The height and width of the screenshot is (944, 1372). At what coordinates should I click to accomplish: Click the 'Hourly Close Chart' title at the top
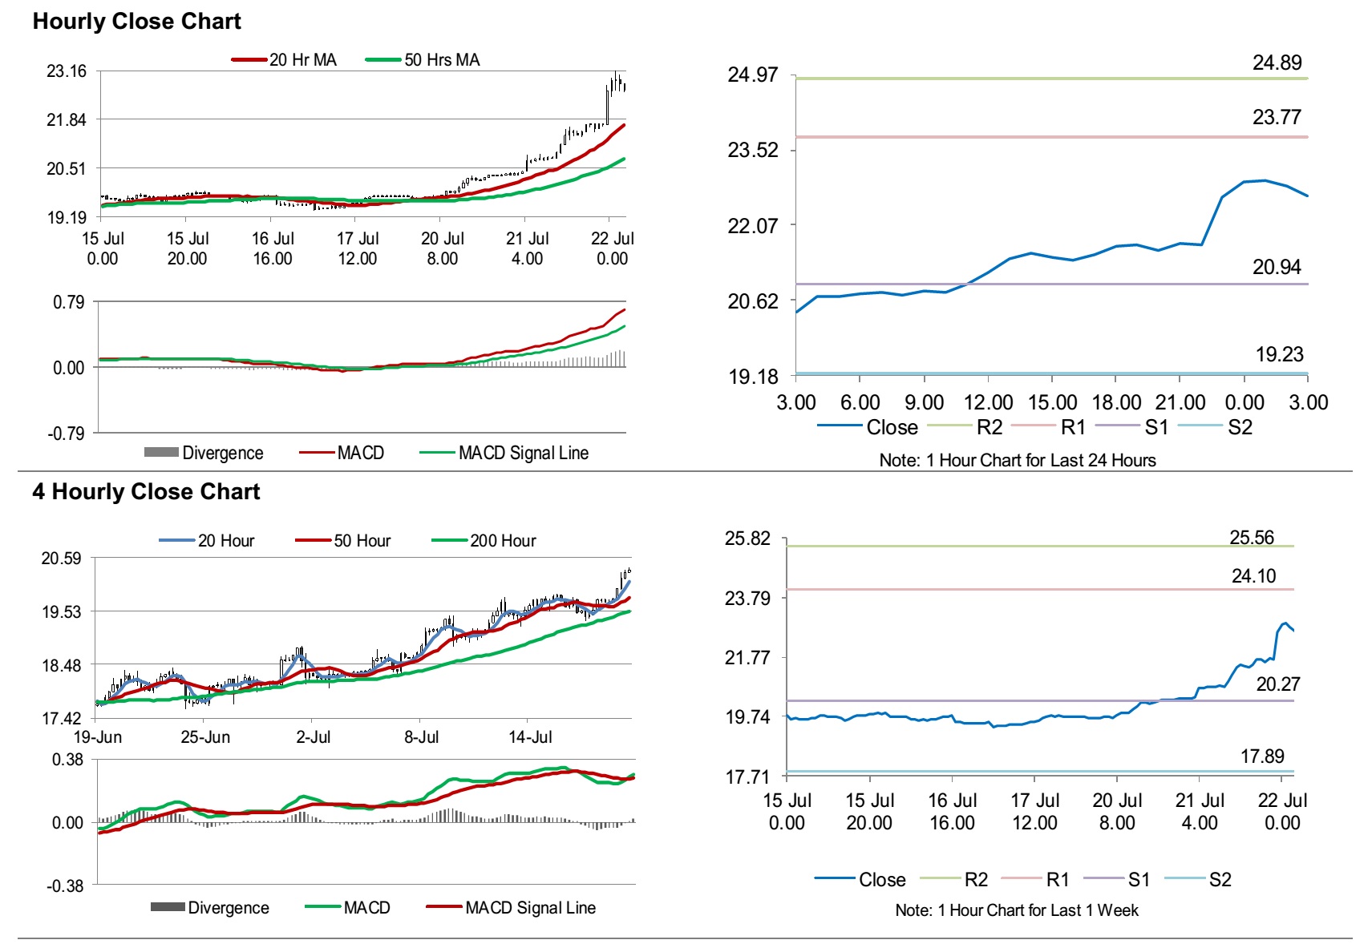pos(136,22)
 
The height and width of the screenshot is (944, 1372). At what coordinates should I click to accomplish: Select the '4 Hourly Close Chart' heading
pos(146,491)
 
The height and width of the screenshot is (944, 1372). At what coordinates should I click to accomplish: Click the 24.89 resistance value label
pos(1277,63)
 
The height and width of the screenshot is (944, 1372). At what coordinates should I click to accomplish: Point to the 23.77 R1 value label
pos(1277,117)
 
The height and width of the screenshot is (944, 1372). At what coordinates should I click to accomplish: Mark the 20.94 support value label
pos(1277,267)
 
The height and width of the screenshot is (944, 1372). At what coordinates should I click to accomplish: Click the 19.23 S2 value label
pos(1279,354)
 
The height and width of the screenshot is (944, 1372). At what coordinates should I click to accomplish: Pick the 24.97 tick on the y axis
pos(752,75)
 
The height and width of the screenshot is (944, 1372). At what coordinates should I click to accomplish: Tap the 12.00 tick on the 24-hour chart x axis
pos(988,402)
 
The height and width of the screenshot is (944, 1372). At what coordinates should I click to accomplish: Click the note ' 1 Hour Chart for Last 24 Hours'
pos(1018,460)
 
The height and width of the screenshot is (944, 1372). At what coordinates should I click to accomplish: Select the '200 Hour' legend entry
pos(502,541)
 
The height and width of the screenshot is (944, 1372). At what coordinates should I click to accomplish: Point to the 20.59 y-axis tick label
pos(61,558)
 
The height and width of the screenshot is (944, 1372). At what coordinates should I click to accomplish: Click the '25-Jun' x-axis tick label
pos(205,737)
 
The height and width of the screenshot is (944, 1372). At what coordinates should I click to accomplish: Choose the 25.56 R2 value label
pos(1251,538)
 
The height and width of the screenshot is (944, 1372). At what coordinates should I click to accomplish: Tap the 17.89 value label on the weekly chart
pos(1261,756)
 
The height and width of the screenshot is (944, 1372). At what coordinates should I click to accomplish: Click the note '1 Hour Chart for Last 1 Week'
pos(1017,910)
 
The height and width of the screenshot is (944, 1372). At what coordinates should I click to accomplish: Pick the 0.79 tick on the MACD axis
pos(68,302)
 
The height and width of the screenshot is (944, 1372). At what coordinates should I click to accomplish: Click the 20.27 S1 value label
pos(1277,684)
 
